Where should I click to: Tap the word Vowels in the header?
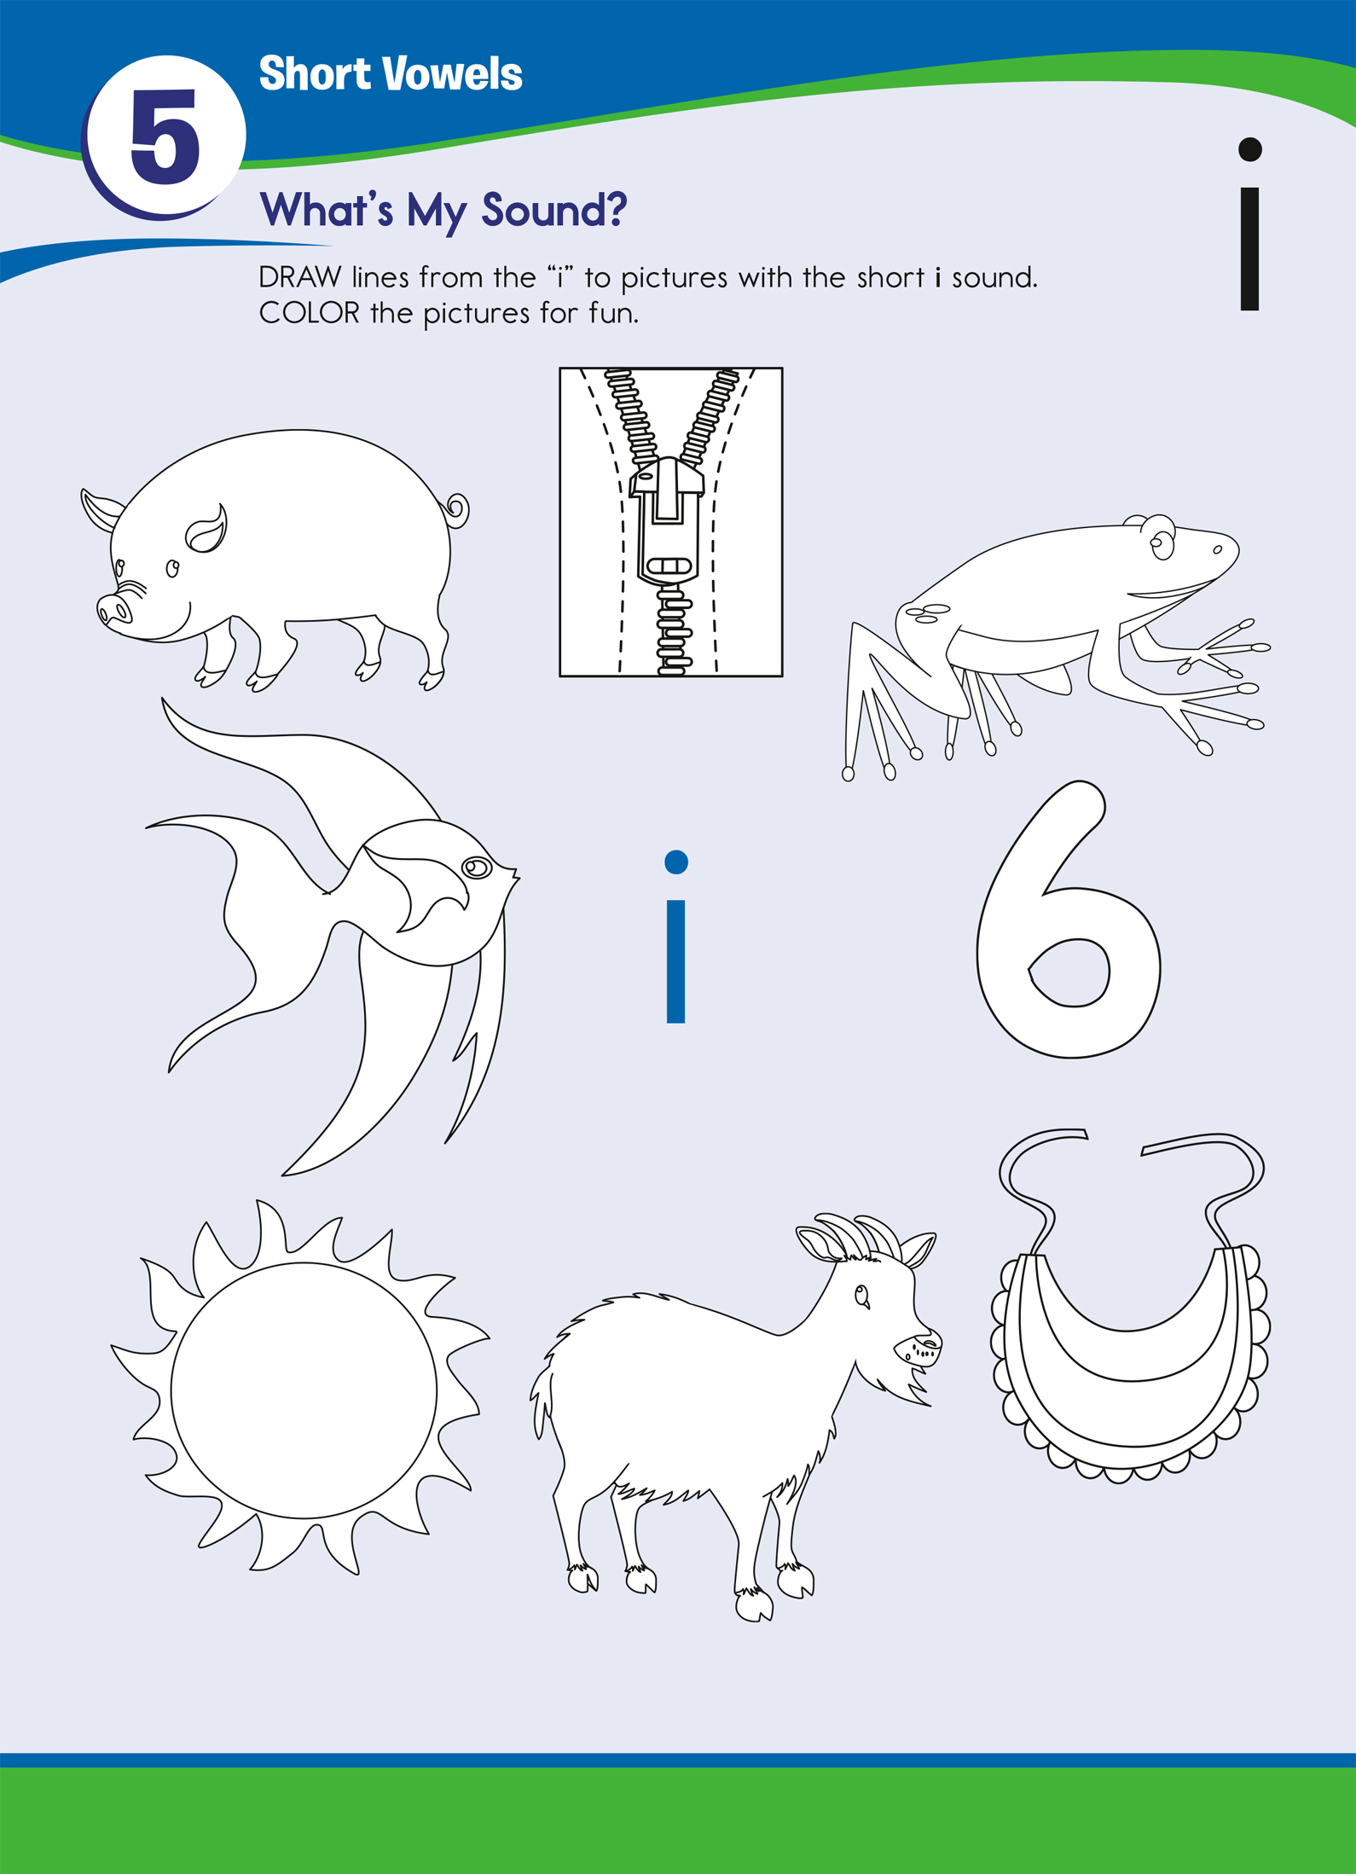point(452,74)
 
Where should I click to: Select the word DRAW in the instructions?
point(300,277)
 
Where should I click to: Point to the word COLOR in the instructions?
point(310,313)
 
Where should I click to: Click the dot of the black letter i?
point(1249,149)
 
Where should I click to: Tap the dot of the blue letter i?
point(676,862)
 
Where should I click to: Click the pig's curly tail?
point(457,510)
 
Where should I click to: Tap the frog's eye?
point(1161,541)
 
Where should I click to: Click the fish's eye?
point(476,867)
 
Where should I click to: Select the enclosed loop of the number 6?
point(1069,972)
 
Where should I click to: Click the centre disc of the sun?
point(304,1390)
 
